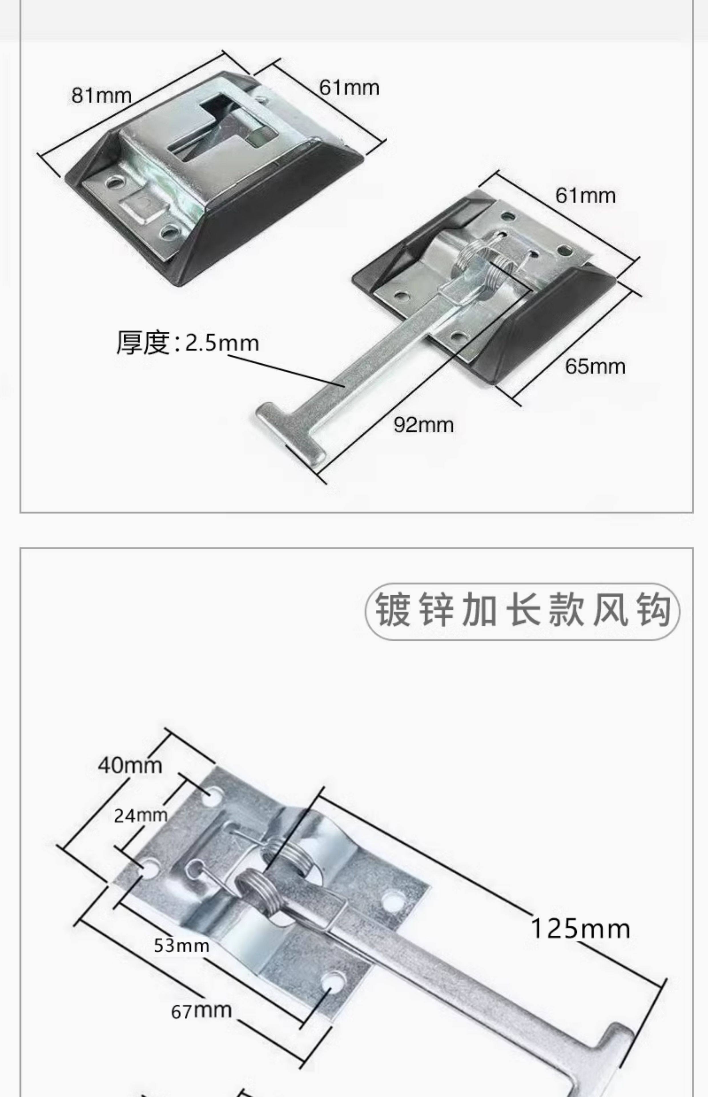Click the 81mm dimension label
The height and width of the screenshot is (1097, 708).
pos(101,96)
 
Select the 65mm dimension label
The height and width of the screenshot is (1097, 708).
pos(595,367)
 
